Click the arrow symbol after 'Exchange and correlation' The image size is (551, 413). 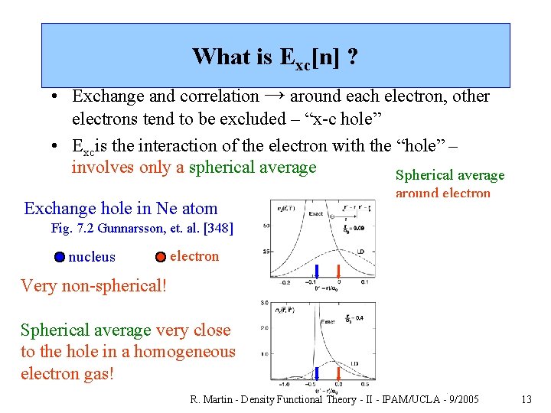[275, 96]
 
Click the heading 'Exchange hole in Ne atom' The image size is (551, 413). [121, 208]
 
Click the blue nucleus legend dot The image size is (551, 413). [60, 257]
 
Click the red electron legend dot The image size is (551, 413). [161, 257]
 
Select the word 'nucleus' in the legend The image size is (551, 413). [92, 257]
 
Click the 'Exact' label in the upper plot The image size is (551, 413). [315, 214]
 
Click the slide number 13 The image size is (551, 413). [526, 399]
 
